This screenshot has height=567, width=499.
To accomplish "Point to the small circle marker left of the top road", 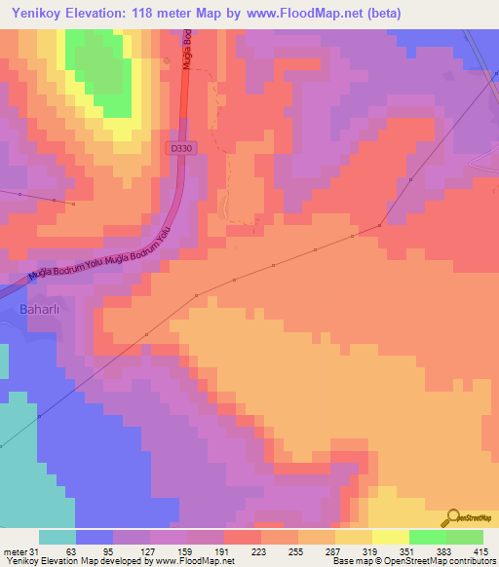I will coord(167,62).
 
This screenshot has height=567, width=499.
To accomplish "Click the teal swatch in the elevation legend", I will coord(57,537).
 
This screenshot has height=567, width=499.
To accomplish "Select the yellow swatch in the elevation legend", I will coord(390,537).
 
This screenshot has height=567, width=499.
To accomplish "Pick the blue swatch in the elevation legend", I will coord(94,537).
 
